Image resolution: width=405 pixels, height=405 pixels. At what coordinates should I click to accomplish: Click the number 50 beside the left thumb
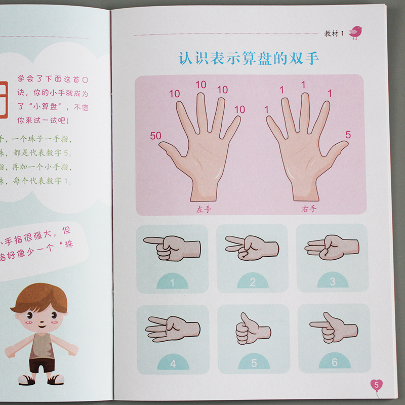(156, 135)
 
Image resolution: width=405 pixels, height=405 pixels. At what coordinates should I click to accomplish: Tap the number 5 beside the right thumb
(348, 134)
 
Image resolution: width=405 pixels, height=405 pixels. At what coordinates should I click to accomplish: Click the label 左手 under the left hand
(205, 209)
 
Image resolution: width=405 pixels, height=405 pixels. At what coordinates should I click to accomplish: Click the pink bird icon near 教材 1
(355, 32)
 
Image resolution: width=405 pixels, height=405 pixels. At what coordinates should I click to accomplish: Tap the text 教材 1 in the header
(334, 34)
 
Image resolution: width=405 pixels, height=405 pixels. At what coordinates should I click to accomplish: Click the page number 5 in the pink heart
(376, 385)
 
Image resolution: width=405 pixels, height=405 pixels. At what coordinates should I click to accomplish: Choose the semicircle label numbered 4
(172, 363)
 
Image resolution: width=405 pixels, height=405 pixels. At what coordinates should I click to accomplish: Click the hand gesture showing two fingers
(252, 247)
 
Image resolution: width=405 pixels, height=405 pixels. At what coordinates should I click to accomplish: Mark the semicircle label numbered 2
(253, 282)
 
